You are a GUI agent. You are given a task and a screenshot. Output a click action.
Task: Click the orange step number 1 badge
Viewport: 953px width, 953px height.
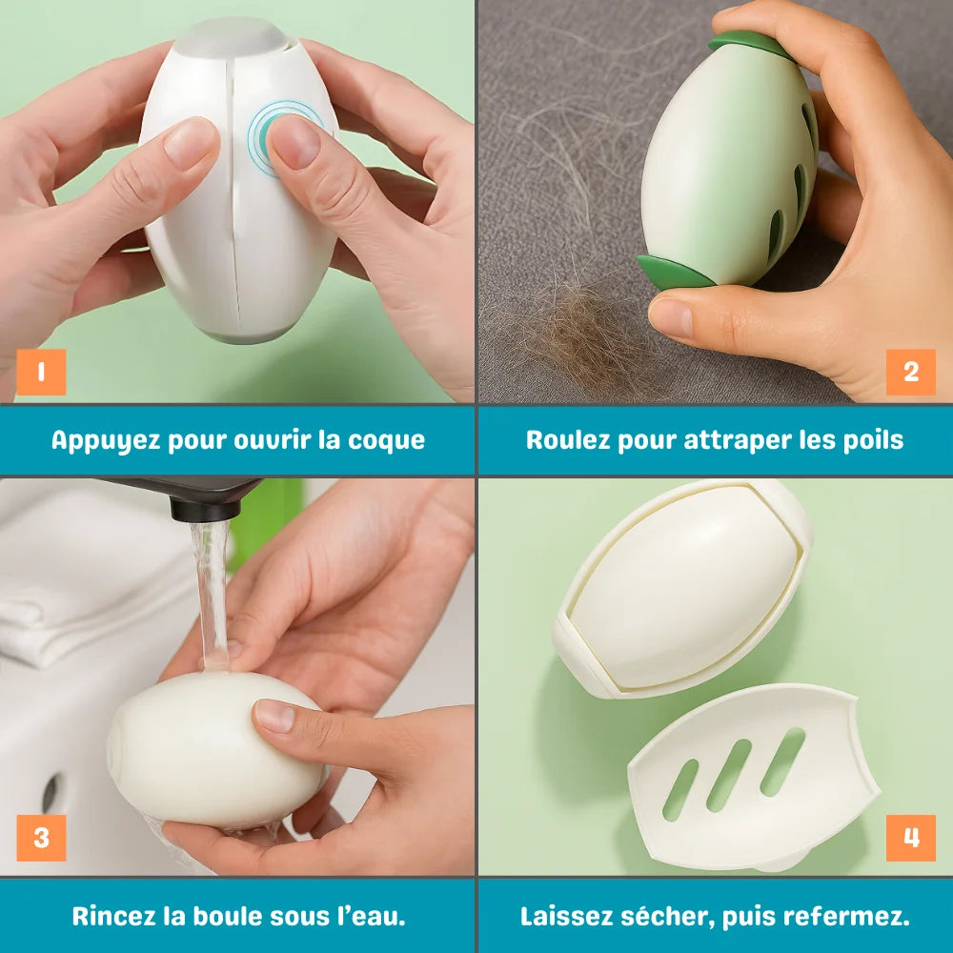(41, 372)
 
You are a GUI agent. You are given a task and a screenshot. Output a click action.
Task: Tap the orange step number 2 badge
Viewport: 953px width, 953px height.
(911, 372)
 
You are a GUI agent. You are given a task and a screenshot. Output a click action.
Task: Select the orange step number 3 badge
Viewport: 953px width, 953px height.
(41, 838)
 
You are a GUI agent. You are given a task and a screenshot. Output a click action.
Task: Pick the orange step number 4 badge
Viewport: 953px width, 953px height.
(911, 838)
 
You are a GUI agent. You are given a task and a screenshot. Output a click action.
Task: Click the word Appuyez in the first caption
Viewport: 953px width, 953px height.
(105, 440)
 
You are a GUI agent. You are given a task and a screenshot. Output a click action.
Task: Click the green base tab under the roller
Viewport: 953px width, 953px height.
(673, 273)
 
